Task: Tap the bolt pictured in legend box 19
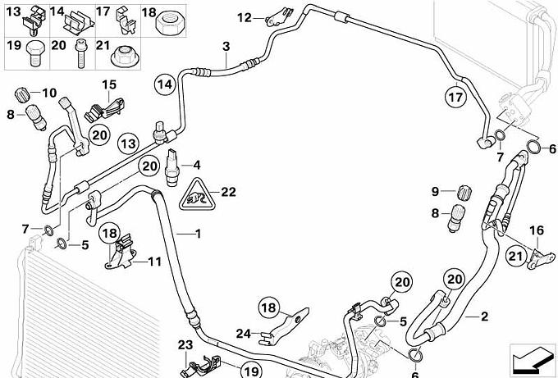(x=34, y=54)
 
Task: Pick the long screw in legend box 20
(x=80, y=55)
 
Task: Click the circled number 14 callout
(x=165, y=84)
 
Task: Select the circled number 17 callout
(x=456, y=97)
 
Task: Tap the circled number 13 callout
(x=128, y=143)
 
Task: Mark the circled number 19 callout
(x=251, y=370)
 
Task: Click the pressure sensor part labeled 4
(x=172, y=167)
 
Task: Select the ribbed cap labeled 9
(x=464, y=194)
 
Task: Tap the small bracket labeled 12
(x=278, y=18)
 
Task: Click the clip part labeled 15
(x=104, y=110)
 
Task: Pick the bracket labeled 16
(x=540, y=259)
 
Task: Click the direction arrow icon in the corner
(x=532, y=359)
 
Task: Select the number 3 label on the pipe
(x=226, y=47)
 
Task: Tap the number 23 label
(x=185, y=344)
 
